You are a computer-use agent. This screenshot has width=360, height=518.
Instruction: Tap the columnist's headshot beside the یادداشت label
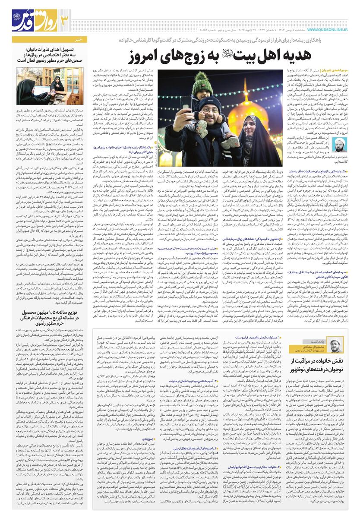(335, 345)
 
